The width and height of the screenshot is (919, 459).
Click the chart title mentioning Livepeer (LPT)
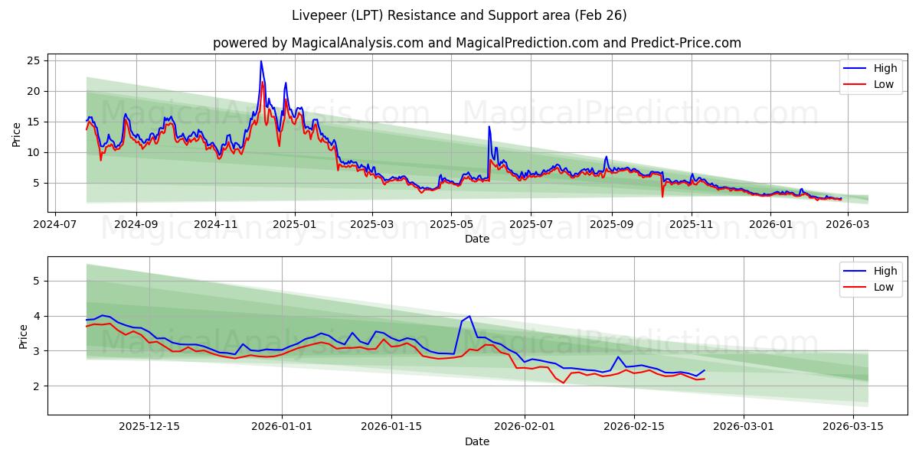click(x=459, y=15)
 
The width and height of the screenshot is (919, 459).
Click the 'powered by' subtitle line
click(x=476, y=43)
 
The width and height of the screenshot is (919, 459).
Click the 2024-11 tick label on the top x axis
click(x=215, y=225)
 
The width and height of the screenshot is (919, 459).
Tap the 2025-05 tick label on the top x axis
click(x=450, y=225)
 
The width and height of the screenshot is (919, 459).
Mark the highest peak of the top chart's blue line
click(x=261, y=61)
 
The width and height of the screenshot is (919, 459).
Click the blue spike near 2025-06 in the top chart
click(x=489, y=127)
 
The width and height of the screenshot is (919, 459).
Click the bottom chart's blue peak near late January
click(x=469, y=316)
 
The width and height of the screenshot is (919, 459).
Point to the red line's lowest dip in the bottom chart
click(x=564, y=382)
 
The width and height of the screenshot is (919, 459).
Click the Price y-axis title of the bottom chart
click(x=22, y=336)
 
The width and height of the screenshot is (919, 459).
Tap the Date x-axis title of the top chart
click(x=476, y=239)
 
